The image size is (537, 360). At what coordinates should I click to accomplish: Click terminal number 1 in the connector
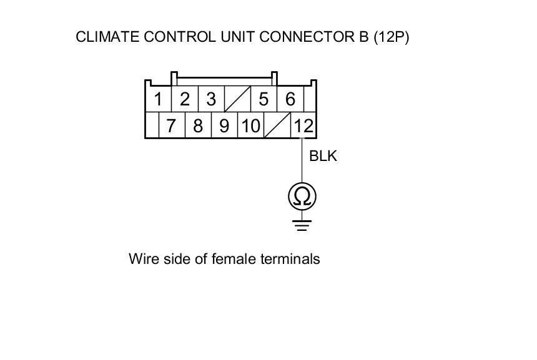click(x=159, y=99)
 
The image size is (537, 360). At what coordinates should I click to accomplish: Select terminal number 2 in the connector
click(x=185, y=99)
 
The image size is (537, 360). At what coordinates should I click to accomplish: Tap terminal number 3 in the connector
click(x=211, y=99)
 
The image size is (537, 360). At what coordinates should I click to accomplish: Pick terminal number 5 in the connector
click(x=264, y=99)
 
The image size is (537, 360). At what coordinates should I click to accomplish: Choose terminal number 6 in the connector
click(x=290, y=99)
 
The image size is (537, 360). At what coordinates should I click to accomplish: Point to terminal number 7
click(x=171, y=125)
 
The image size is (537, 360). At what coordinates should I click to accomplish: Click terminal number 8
click(x=198, y=125)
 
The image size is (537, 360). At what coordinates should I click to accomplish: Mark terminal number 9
click(x=224, y=125)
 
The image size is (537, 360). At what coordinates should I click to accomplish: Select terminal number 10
click(x=250, y=125)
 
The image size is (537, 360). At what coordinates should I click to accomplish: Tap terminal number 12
click(x=303, y=125)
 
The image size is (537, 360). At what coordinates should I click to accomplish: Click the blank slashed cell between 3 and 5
click(x=237, y=99)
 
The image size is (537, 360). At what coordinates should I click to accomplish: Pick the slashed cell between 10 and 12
click(x=277, y=125)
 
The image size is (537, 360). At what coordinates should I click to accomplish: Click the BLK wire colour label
click(x=323, y=156)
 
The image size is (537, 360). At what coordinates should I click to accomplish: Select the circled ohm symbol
click(x=302, y=197)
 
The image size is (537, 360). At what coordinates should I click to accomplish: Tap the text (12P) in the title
click(x=391, y=37)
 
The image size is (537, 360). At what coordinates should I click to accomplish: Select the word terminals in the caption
click(x=292, y=258)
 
